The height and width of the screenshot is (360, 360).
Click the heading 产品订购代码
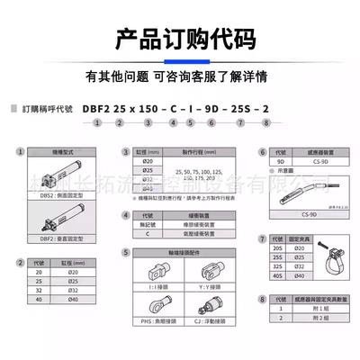pos(180,40)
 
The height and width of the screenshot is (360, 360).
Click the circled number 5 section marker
pos(125,256)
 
